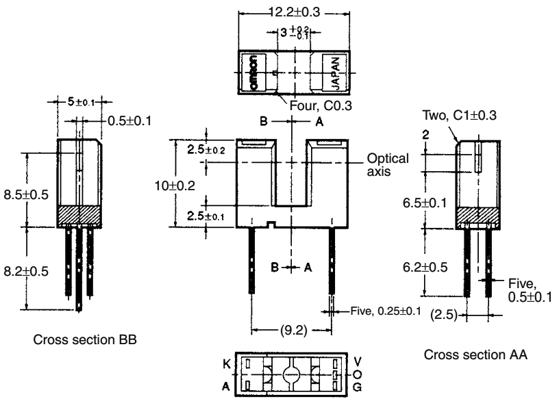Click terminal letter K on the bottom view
(x=226, y=364)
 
